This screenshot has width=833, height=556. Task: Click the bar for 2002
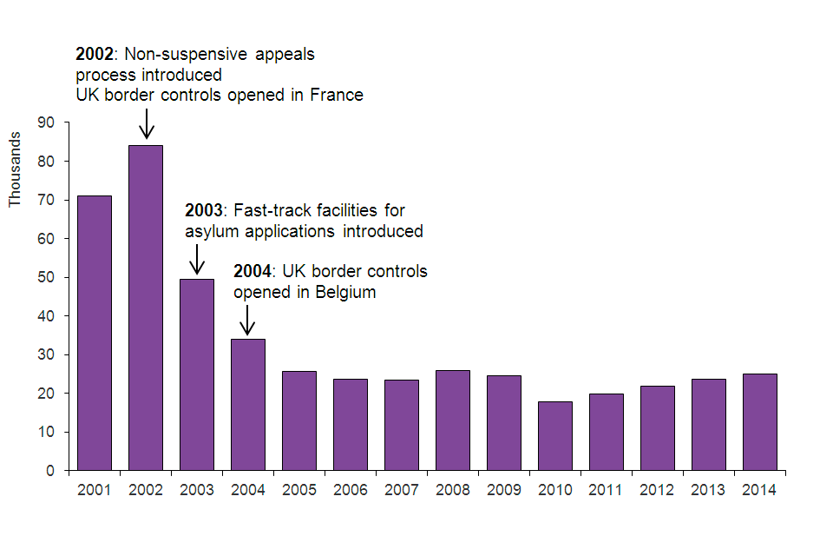[x=146, y=308]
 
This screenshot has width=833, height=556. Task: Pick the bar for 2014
[x=760, y=422]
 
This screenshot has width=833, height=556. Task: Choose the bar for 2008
[x=453, y=420]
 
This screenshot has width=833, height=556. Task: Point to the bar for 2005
[x=299, y=420]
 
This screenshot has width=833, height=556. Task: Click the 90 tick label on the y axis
[x=46, y=123]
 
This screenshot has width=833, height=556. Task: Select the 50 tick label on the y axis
[x=46, y=278]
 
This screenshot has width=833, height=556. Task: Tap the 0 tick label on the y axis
[x=50, y=471]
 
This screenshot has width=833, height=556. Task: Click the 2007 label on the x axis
[x=402, y=490]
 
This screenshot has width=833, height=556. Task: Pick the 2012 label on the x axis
[x=658, y=490]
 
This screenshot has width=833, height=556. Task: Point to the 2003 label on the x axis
[x=197, y=490]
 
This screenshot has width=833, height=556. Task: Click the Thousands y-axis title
[x=15, y=169]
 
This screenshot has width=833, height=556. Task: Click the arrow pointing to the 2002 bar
[x=147, y=123]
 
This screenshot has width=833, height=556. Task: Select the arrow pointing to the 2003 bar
[x=197, y=259]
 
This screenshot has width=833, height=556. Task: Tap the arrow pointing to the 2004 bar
[x=248, y=320]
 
